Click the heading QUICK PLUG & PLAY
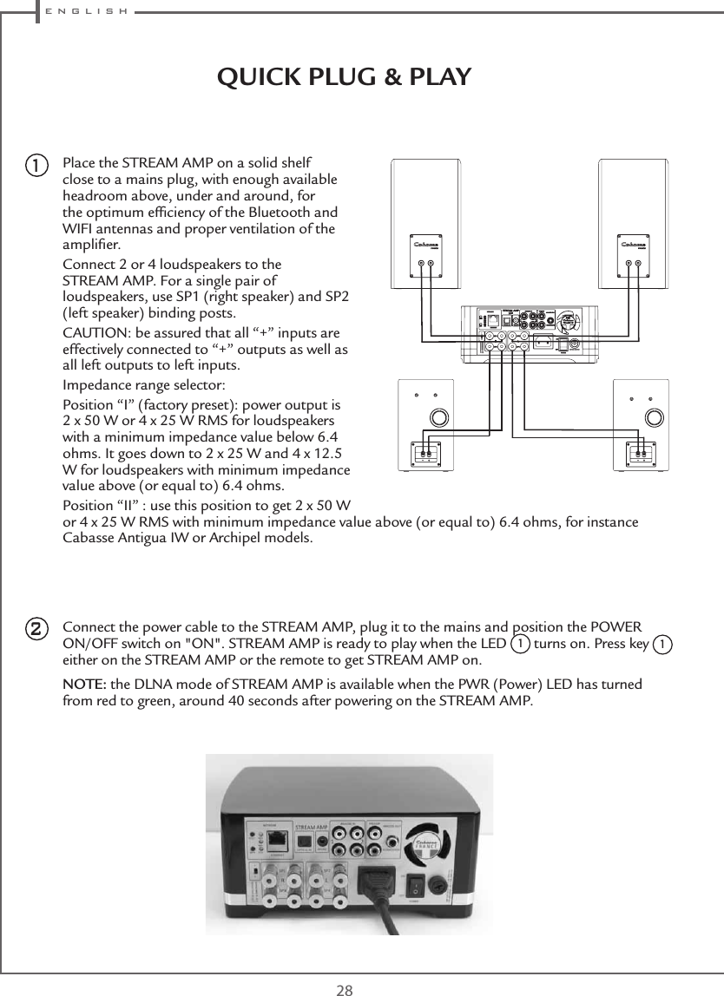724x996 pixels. pos(344,77)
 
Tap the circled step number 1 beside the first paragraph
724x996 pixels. pos(35,164)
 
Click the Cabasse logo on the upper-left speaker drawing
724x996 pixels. pos(425,246)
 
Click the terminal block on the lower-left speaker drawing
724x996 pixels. pos(425,453)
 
